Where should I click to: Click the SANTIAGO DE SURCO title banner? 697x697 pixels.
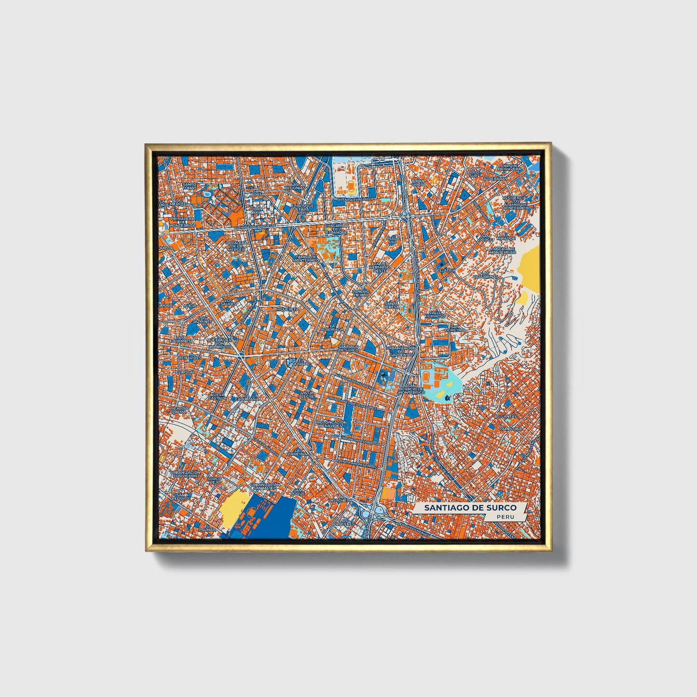pos(470,507)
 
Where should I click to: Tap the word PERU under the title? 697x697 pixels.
pos(506,517)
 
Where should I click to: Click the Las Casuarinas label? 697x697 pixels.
pos(485,276)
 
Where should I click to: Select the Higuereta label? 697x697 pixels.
pos(287,309)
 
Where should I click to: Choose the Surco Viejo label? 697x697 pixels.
pos(214,480)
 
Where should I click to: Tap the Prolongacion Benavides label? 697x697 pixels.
pos(331,424)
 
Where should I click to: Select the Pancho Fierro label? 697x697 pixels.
pos(361,293)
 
